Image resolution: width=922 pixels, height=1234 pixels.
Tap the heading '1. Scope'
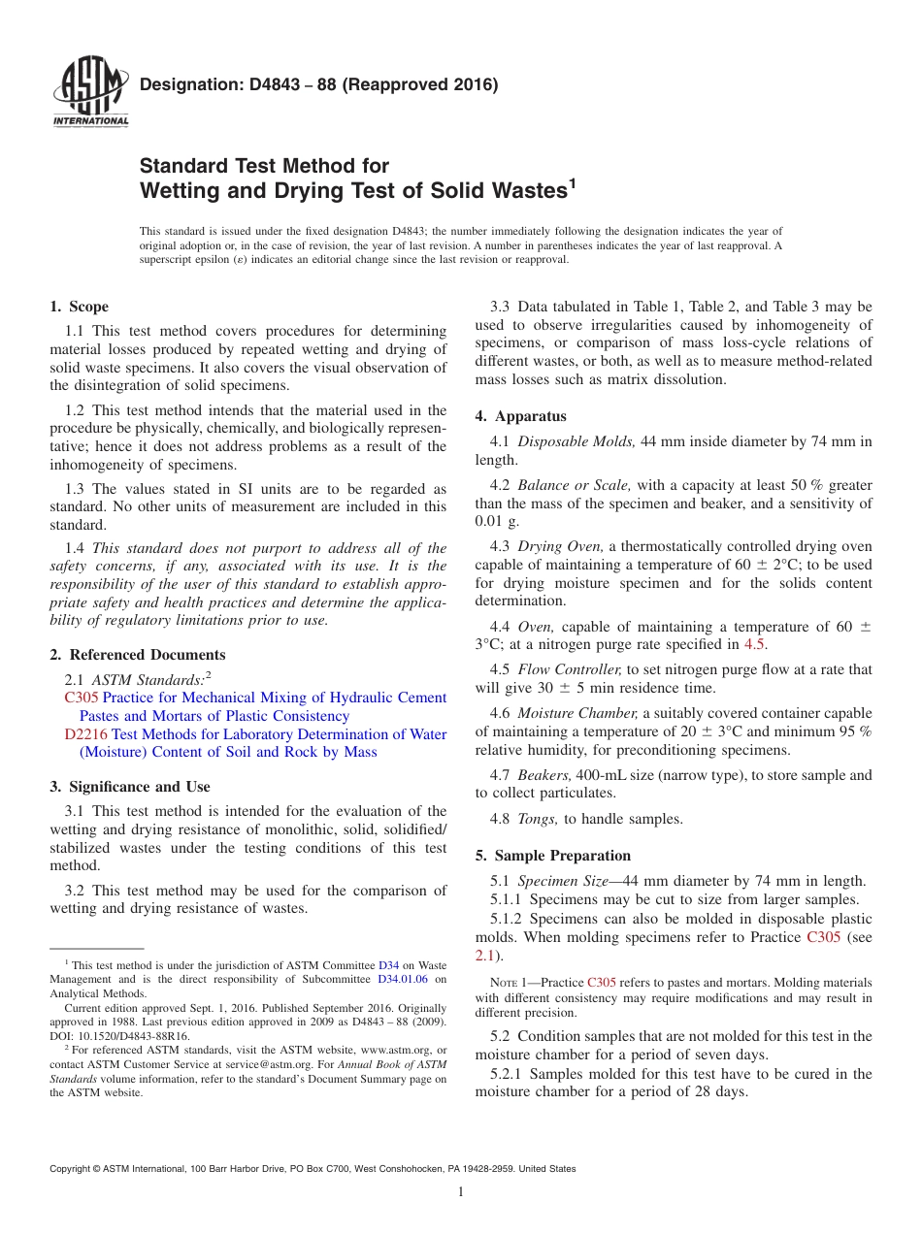pos(79,307)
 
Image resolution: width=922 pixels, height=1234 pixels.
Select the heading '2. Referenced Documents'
pos(138,655)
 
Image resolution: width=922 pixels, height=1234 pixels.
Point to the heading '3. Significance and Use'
pos(130,787)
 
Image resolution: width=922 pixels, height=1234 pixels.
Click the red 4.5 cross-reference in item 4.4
pos(754,644)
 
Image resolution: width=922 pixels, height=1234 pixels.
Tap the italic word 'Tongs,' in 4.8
pos(538,819)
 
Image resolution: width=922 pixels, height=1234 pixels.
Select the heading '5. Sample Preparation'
pos(553,856)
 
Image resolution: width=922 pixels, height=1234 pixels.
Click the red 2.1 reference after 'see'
pos(484,956)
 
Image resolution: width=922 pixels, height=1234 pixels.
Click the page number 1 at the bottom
pos(461,1192)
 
